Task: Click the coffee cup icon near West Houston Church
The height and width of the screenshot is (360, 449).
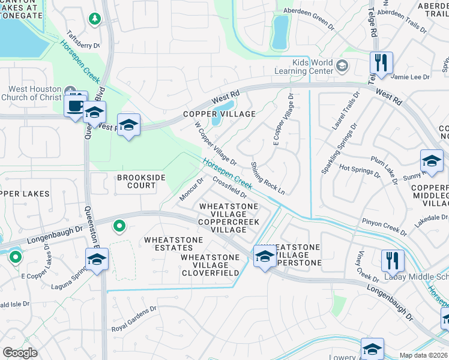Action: (x=76, y=105)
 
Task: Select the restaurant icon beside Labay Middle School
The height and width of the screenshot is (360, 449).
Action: (x=392, y=261)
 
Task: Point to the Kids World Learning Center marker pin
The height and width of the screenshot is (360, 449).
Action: (x=342, y=65)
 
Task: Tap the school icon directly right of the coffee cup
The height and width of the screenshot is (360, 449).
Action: (x=94, y=113)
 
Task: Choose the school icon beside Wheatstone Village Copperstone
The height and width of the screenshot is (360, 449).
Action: (x=264, y=256)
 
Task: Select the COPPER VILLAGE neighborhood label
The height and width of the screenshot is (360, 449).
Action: (x=219, y=114)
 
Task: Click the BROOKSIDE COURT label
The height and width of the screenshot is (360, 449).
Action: (x=136, y=181)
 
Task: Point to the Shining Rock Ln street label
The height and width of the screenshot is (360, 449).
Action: (x=268, y=178)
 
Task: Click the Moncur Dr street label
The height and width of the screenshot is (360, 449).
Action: (x=193, y=189)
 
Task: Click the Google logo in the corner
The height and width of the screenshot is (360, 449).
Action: (x=20, y=353)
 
